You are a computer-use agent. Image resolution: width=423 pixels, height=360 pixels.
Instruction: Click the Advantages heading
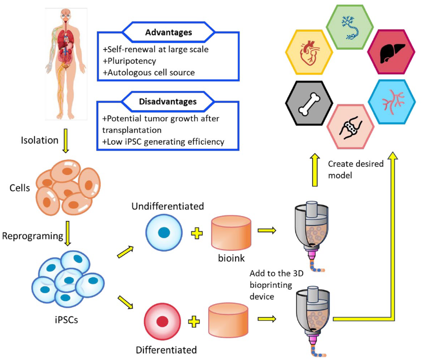[x=168, y=32]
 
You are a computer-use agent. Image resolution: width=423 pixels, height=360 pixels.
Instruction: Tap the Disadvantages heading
[x=168, y=102]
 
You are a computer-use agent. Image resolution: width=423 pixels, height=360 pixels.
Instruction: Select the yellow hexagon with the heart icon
[x=309, y=52]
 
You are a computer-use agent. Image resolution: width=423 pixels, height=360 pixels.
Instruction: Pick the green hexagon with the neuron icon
[x=350, y=27]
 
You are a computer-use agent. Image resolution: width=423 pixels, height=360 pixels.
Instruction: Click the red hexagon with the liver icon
[x=391, y=52]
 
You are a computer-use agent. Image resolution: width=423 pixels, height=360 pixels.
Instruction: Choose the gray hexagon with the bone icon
[x=309, y=103]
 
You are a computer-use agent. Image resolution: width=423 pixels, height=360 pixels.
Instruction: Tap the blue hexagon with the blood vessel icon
[x=392, y=102]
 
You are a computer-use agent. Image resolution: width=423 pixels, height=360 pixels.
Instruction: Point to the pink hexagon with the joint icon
[x=350, y=127]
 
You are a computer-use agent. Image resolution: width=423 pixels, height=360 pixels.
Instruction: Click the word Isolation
[x=40, y=140]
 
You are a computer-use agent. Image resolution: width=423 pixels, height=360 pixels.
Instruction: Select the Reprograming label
[x=33, y=236]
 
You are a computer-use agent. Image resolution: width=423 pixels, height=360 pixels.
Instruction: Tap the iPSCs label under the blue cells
[x=66, y=320]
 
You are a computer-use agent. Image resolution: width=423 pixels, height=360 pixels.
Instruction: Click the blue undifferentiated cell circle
[x=164, y=233]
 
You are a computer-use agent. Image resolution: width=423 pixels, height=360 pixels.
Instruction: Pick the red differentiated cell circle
[x=162, y=321]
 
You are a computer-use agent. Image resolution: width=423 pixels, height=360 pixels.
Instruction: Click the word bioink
[x=231, y=258]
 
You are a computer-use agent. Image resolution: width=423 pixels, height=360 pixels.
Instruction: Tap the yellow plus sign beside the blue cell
[x=197, y=233]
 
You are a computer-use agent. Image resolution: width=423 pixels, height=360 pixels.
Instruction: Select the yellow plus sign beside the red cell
[x=194, y=322]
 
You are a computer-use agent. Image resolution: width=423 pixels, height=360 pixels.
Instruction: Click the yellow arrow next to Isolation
[x=66, y=141]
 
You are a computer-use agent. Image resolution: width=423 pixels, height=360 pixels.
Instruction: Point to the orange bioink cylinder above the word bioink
[x=231, y=233]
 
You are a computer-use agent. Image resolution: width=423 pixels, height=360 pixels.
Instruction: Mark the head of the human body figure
[x=66, y=13]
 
